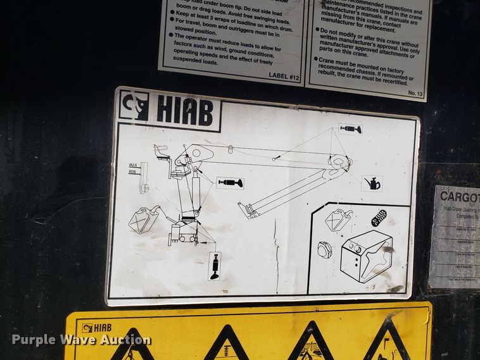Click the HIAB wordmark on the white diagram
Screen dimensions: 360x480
tap(184, 111)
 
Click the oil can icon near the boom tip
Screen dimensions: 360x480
tap(372, 183)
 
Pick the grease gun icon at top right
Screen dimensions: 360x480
tap(350, 129)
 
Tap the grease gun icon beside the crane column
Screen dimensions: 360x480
tap(229, 183)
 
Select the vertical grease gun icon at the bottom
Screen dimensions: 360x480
tap(215, 266)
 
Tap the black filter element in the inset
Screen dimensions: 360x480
tap(379, 218)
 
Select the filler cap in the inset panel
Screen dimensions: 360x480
tap(325, 250)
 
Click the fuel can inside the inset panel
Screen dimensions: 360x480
tap(338, 219)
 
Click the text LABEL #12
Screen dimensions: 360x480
tap(284, 75)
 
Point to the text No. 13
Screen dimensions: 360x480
tap(415, 93)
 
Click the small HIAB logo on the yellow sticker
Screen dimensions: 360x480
tap(95, 327)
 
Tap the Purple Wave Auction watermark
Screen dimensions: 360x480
tap(81, 340)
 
